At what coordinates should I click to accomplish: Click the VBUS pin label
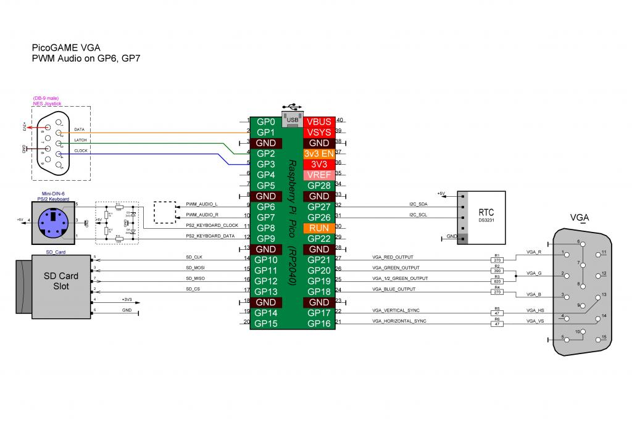pos(319,122)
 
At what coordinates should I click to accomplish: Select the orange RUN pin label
pos(319,228)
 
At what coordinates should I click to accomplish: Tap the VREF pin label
pos(319,175)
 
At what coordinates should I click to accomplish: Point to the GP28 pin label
pos(319,185)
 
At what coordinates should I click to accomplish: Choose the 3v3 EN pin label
pos(319,154)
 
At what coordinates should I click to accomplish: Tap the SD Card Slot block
pos(52,281)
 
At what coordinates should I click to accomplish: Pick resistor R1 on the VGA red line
pos(497,260)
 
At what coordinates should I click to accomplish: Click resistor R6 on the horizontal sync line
pos(497,323)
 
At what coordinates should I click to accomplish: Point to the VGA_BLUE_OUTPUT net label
pos(393,289)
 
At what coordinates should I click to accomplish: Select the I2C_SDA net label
pos(418,204)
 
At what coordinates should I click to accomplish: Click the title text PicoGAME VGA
pos(65,47)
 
